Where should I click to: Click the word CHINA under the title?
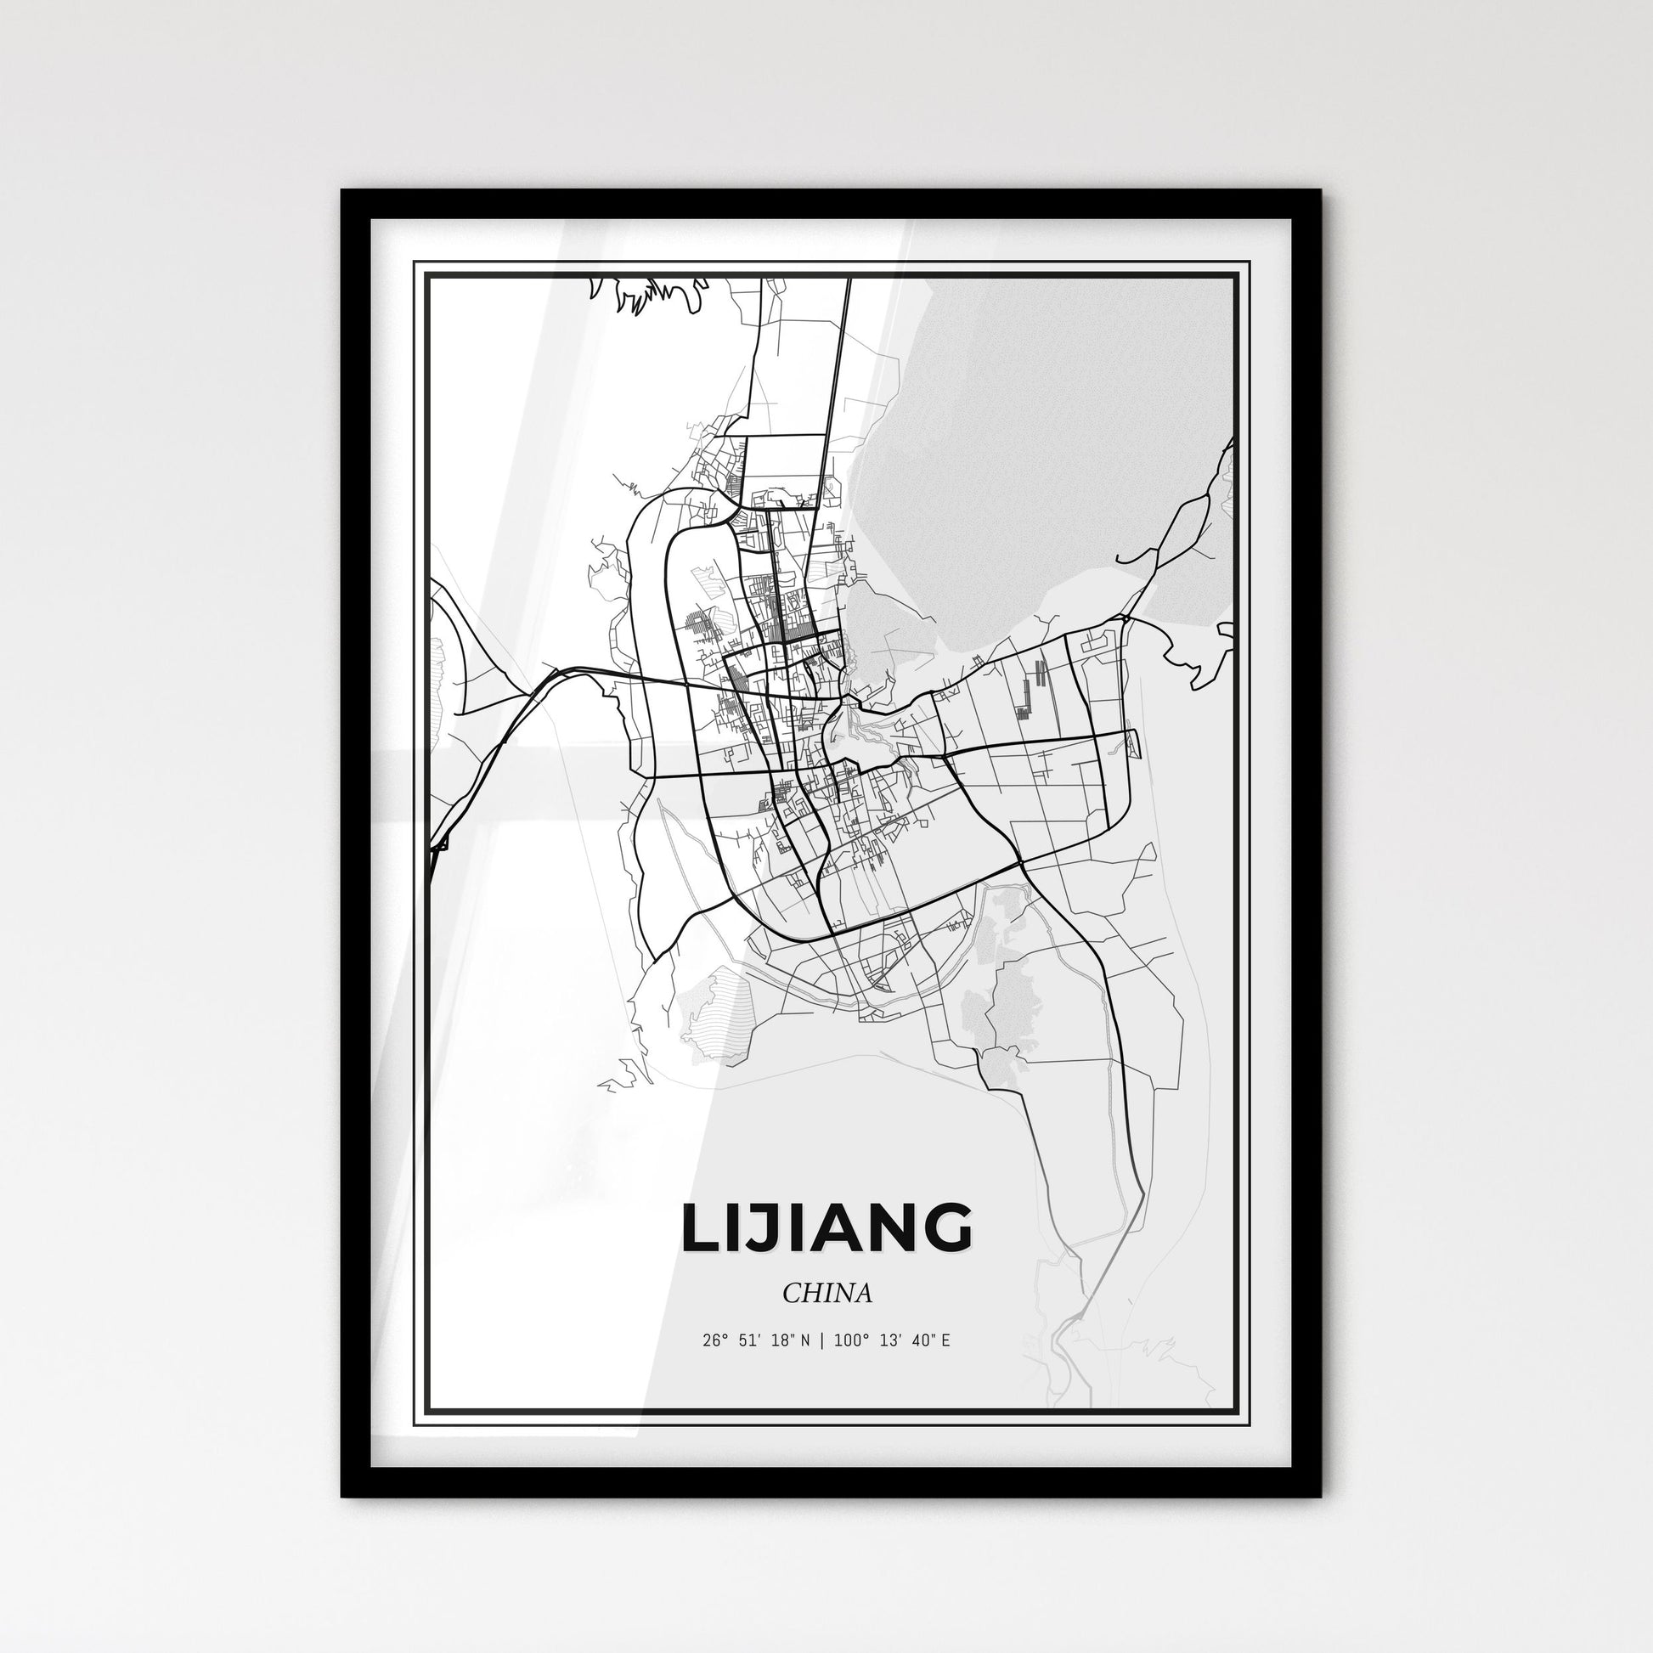(826, 1293)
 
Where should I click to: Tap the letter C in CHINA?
(791, 1293)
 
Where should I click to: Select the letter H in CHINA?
(810, 1293)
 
